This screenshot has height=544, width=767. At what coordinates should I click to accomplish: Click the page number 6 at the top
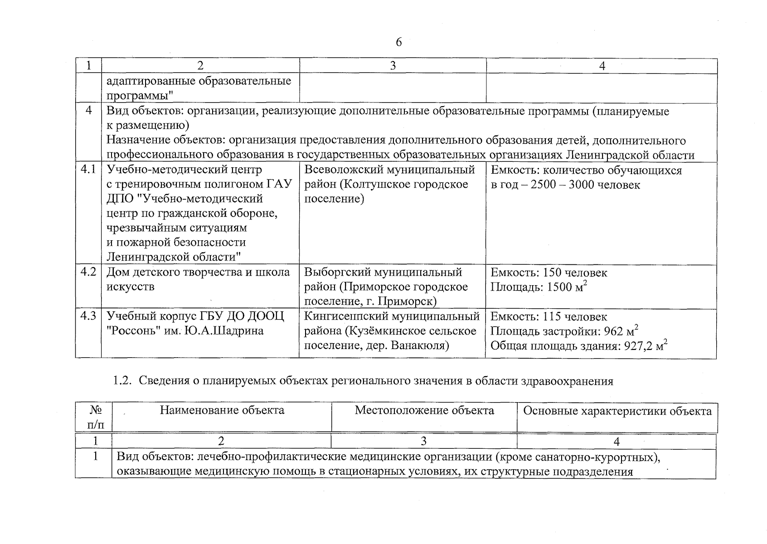[398, 42]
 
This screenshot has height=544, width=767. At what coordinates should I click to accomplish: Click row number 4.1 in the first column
[88, 170]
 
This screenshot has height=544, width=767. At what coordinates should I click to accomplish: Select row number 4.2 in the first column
[88, 272]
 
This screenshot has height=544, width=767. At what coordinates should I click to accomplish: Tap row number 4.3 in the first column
[88, 316]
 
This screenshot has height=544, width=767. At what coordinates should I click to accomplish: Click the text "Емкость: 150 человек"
[549, 272]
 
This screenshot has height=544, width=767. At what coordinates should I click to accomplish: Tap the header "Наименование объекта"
[222, 410]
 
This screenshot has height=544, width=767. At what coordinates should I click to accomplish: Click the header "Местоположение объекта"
[424, 410]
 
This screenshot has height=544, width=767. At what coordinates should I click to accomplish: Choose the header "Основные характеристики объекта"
[617, 411]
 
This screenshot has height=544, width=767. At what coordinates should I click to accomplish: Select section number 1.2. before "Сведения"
[122, 381]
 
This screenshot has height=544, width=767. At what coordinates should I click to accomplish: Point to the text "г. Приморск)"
[407, 301]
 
